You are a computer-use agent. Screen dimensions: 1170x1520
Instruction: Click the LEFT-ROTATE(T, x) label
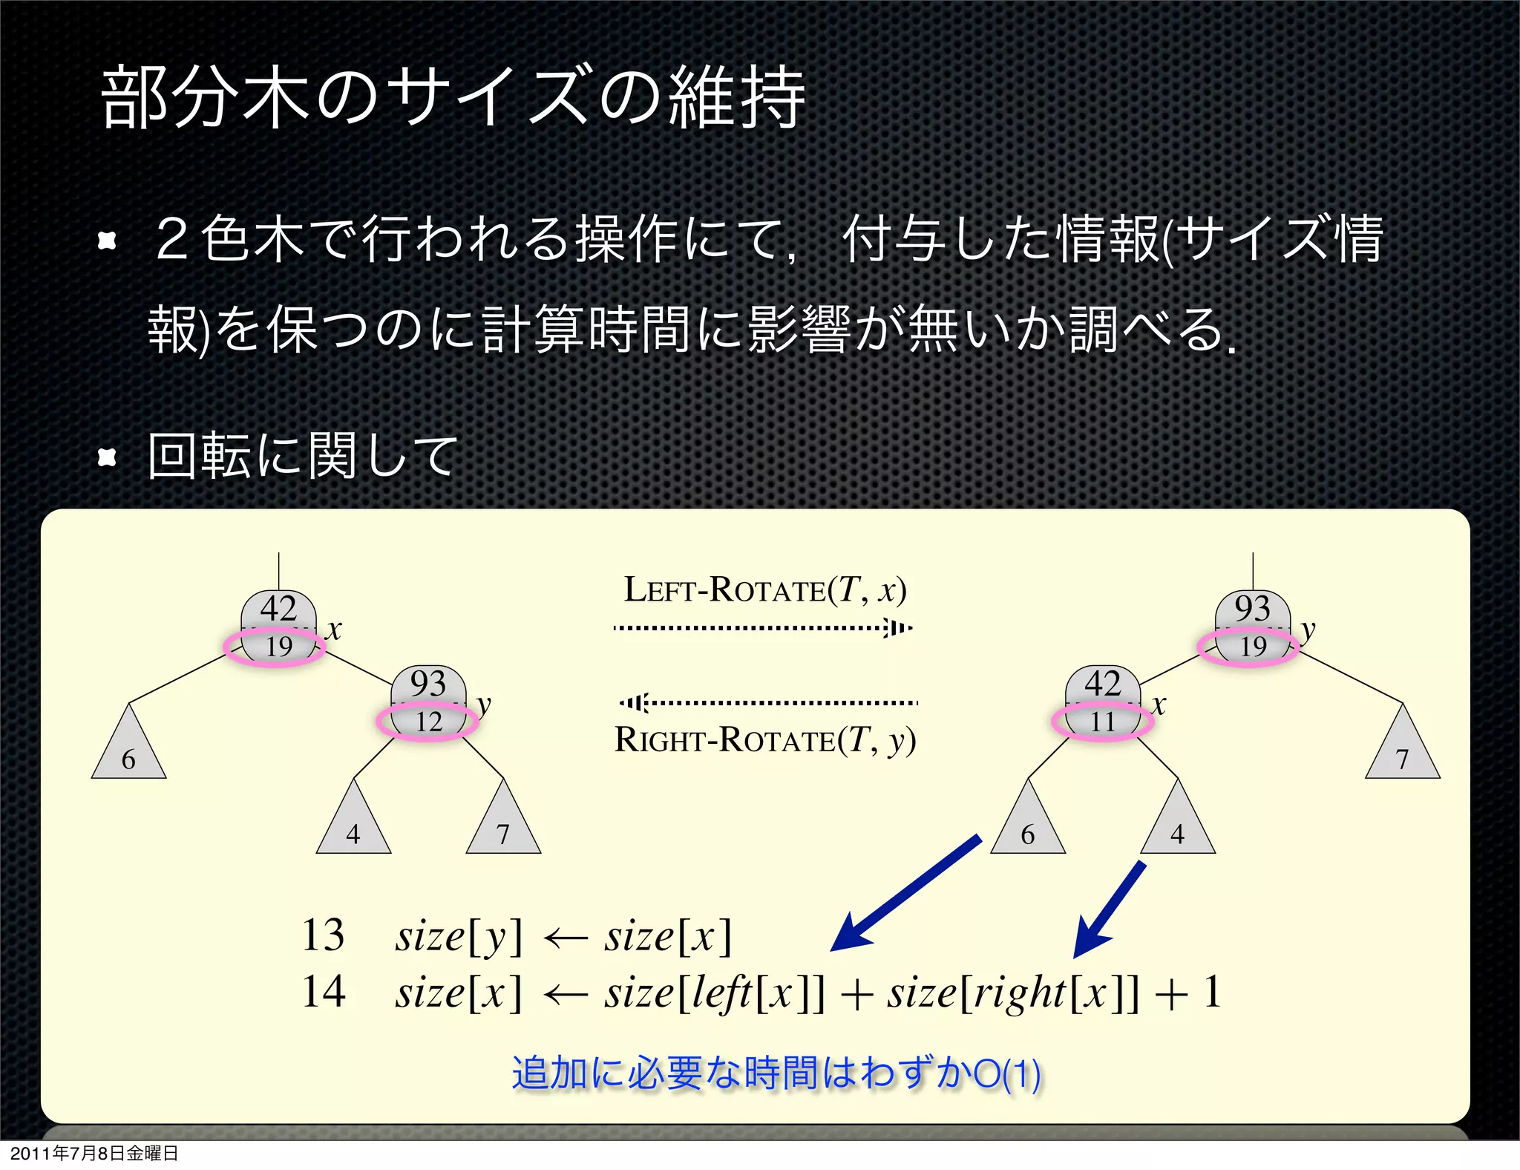point(764,590)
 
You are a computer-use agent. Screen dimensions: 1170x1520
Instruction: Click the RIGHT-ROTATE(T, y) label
point(765,740)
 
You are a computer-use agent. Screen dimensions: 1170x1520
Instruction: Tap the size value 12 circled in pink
point(428,722)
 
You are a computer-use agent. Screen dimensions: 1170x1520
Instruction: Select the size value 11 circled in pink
point(1102,722)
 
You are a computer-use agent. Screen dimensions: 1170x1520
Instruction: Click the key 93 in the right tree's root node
point(1253,609)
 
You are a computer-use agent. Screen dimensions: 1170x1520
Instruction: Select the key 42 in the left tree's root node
point(278,609)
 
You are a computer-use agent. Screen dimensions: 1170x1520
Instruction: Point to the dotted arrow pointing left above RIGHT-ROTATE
point(769,702)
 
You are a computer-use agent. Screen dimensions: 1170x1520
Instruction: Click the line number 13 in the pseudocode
point(323,935)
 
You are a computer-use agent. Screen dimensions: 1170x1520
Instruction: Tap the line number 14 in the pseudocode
point(323,992)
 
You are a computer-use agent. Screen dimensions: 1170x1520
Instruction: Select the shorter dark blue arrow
point(1109,910)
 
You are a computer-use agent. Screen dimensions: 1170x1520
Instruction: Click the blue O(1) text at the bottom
point(1006,1073)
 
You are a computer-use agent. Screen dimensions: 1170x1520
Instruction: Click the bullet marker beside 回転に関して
point(108,457)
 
